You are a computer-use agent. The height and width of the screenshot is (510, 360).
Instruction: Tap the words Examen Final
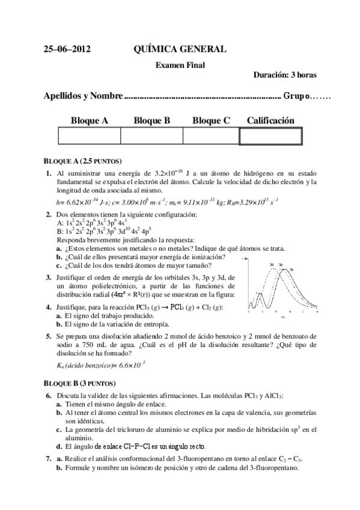[180, 64]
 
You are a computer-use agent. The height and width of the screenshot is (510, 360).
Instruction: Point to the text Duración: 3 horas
[285, 75]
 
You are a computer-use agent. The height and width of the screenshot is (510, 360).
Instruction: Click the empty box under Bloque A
[89, 137]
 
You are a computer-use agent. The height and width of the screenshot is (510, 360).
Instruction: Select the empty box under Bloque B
[151, 137]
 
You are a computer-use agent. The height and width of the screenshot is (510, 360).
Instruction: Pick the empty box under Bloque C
[210, 137]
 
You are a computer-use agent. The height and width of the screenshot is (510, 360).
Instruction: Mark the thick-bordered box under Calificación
[270, 137]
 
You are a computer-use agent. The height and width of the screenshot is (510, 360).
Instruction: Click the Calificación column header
[270, 120]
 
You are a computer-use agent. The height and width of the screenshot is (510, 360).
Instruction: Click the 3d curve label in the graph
[272, 264]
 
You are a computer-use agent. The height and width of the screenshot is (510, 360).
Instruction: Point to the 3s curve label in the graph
[291, 269]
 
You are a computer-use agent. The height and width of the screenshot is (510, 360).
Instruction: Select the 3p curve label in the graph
[281, 264]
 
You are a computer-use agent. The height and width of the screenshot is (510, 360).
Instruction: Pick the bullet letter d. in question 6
[59, 446]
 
